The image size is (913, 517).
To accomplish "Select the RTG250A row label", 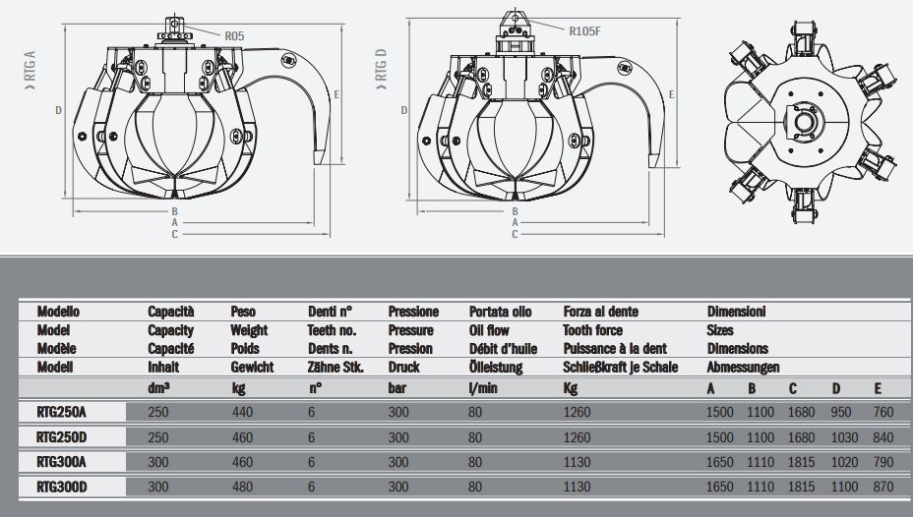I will pos(60,412).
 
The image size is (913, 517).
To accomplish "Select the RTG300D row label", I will pos(60,486).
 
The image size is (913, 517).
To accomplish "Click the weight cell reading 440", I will pos(241,412).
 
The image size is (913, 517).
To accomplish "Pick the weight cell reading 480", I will pos(241,486).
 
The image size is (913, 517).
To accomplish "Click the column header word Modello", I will pos(58,312).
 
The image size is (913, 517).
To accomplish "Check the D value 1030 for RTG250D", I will pos(845,436).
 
